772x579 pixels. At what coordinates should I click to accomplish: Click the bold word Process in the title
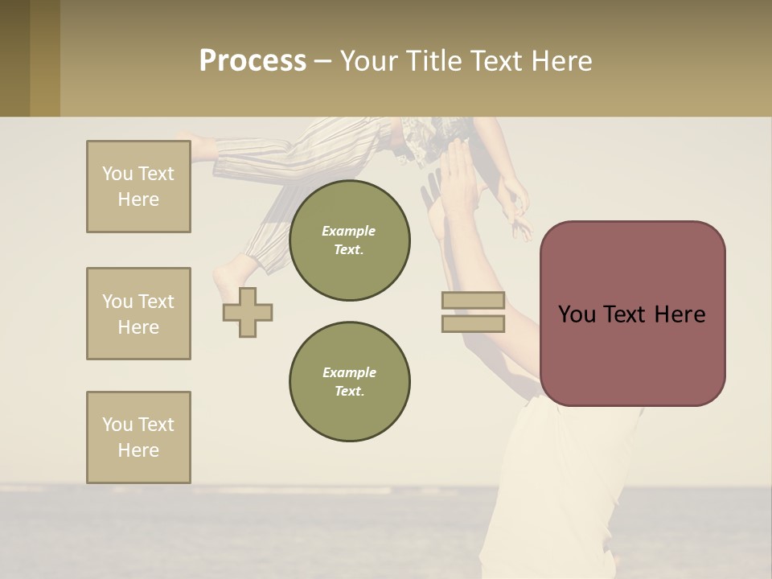(x=253, y=61)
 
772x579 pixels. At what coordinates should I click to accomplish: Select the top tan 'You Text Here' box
(x=138, y=187)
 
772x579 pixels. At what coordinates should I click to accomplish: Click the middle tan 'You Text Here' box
(x=138, y=314)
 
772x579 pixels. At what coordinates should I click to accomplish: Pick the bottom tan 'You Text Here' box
(x=138, y=437)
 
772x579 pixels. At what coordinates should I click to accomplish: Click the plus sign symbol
(x=248, y=312)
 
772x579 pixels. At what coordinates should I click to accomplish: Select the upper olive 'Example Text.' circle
(x=350, y=240)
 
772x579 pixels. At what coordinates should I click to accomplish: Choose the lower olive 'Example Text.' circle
(x=350, y=382)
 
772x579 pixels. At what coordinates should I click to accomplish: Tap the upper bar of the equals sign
(x=473, y=301)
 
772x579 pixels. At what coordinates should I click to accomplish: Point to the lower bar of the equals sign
(x=473, y=323)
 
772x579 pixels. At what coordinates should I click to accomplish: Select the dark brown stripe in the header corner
(x=14, y=58)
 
